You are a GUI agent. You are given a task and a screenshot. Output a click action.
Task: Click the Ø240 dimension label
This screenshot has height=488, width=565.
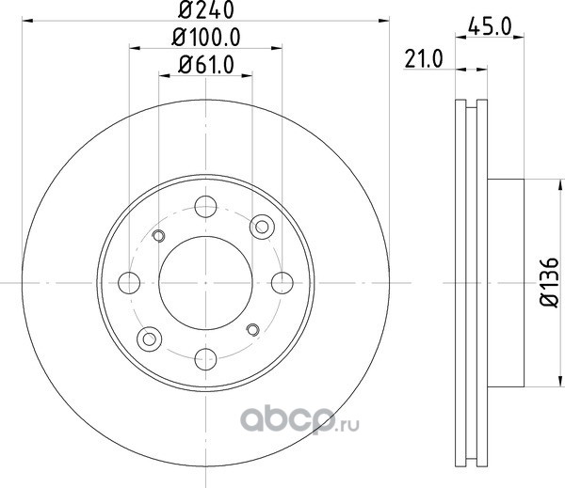point(206,9)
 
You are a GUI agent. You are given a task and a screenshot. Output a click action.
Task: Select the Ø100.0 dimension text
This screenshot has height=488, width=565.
point(206,38)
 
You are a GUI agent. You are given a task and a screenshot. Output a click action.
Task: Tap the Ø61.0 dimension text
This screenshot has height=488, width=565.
point(206,65)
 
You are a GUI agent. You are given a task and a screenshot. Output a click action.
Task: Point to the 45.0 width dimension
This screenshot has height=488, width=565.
point(490,27)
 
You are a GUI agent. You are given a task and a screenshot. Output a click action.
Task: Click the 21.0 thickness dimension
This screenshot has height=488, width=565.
point(424,59)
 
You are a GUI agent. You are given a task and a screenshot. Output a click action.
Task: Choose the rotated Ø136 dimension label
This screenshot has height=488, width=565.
point(549,282)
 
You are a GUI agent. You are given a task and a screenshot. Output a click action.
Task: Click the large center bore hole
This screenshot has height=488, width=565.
point(205,283)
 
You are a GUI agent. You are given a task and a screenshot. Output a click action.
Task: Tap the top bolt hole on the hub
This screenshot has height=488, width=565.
point(205,207)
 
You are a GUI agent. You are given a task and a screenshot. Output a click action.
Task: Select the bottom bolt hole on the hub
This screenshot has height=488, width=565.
point(205,359)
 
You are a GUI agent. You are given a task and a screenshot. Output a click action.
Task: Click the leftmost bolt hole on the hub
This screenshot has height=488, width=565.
point(129,283)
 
